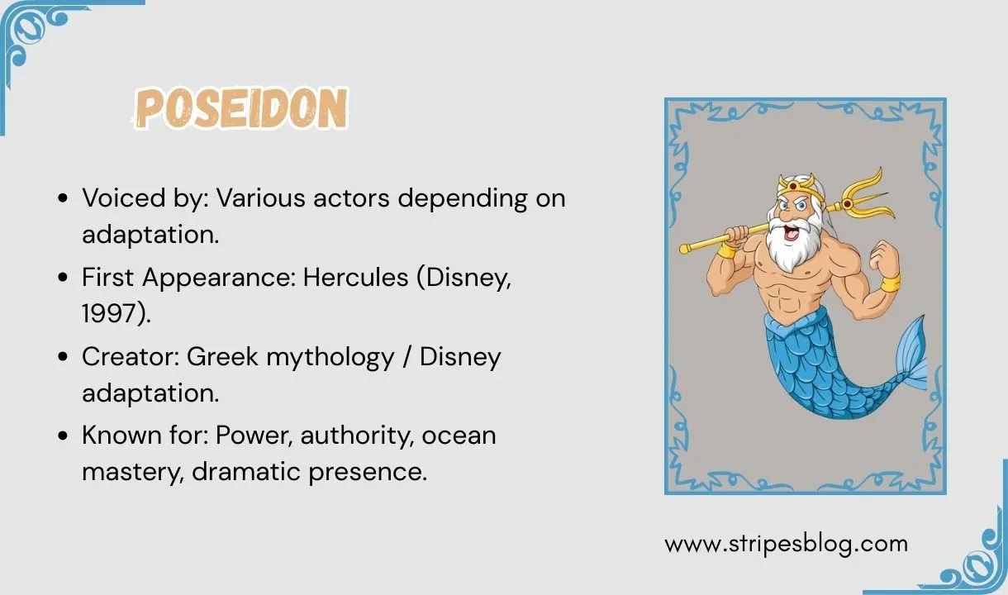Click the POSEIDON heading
241,109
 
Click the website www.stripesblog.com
786,544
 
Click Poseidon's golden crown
796,183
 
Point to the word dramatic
259,472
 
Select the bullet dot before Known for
64,436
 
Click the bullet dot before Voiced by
64,200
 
